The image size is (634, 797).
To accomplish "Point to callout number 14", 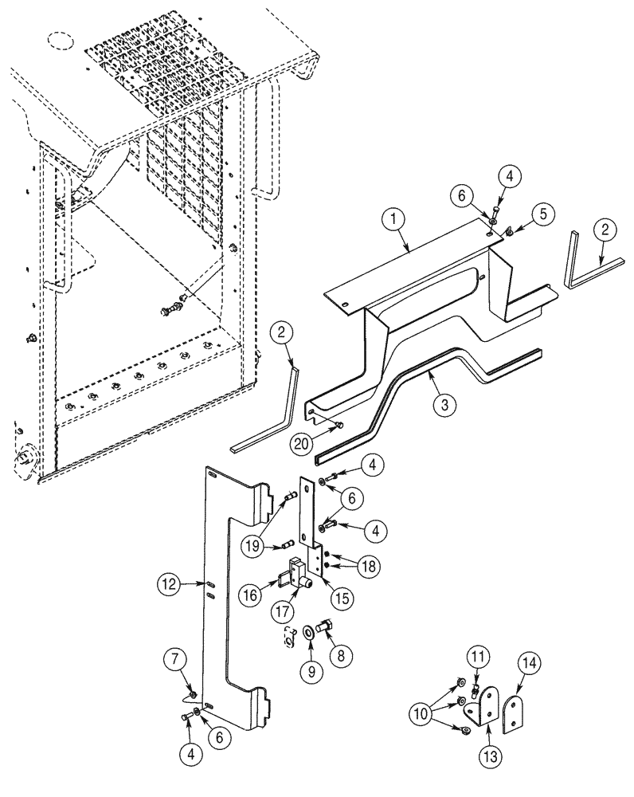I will point(530,664).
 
